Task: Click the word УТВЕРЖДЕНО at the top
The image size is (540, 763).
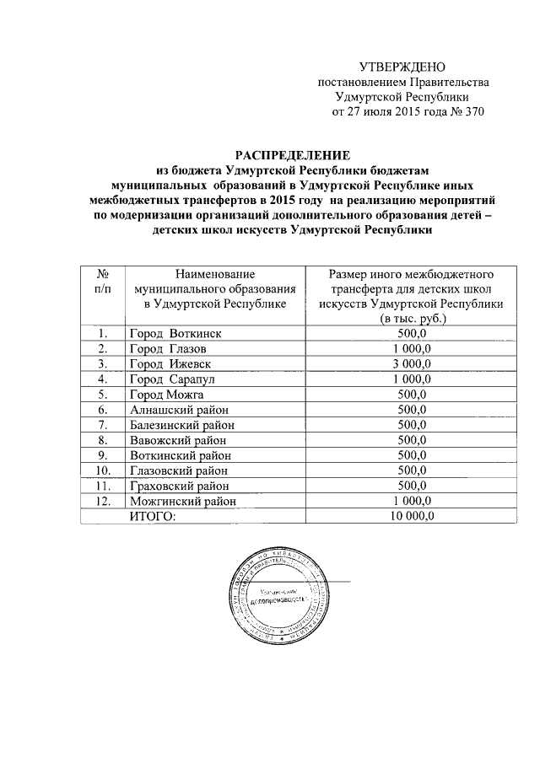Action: pos(402,67)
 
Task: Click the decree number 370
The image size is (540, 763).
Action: pos(473,111)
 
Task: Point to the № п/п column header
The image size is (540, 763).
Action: pos(101,282)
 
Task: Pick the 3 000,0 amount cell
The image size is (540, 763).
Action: pos(413,363)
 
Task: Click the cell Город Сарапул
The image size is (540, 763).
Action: pos(172,379)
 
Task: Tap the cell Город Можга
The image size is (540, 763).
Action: pos(167,394)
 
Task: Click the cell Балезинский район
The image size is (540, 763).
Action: pos(181,424)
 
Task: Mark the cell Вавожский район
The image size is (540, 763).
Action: pos(177,439)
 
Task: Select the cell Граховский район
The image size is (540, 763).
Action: pos(179,485)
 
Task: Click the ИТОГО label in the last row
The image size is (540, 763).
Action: pos(154,516)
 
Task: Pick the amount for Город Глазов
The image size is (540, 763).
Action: pos(413,348)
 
